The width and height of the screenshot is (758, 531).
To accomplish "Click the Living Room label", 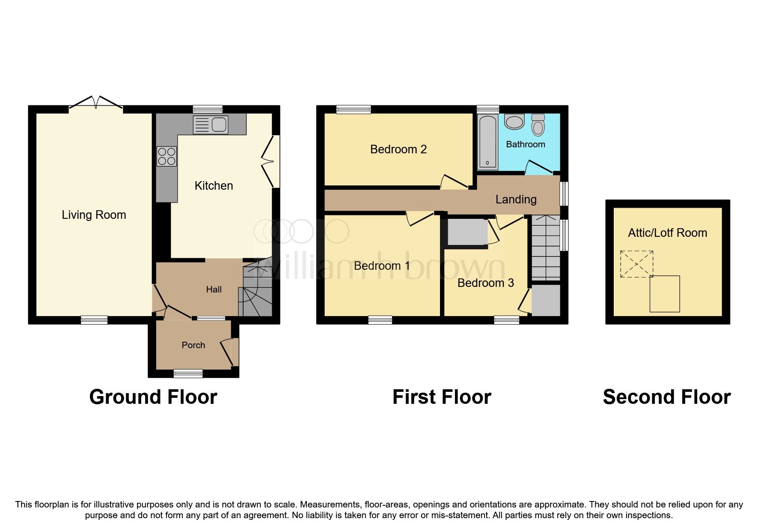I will click(94, 215).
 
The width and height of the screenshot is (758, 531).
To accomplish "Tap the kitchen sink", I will click(211, 125).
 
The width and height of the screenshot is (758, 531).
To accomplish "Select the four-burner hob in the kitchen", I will click(166, 156).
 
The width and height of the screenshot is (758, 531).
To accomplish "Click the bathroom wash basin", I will click(514, 122).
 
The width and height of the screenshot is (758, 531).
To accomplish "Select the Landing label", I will click(516, 199).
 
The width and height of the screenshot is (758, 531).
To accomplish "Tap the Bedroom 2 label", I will click(398, 149).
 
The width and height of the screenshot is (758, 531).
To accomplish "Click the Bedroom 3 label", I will click(485, 283).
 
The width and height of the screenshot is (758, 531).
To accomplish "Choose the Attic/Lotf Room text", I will click(667, 233).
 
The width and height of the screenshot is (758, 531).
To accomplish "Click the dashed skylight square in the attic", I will click(636, 264).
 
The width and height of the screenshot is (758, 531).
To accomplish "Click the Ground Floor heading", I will click(153, 397).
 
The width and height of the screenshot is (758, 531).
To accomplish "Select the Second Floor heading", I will click(666, 397).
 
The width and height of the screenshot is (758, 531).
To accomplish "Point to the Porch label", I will click(193, 345).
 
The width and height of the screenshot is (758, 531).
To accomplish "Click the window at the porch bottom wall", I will click(188, 374).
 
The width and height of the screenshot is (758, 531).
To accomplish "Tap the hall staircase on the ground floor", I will click(257, 291).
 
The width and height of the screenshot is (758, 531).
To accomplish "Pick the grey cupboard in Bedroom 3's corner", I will click(545, 300).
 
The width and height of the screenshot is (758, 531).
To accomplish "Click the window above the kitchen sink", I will click(208, 109).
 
